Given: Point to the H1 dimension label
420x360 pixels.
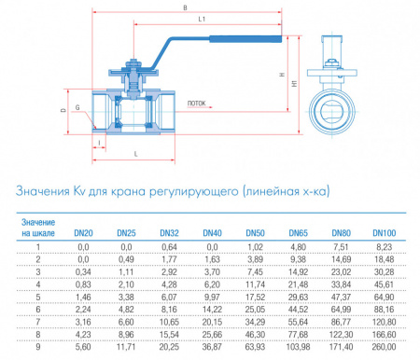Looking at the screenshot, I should (x=295, y=82).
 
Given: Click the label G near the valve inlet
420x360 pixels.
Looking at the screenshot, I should (x=76, y=118).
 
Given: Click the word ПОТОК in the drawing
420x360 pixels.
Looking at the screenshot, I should (x=196, y=104).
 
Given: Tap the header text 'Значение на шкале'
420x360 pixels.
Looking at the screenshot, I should (x=38, y=227).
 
